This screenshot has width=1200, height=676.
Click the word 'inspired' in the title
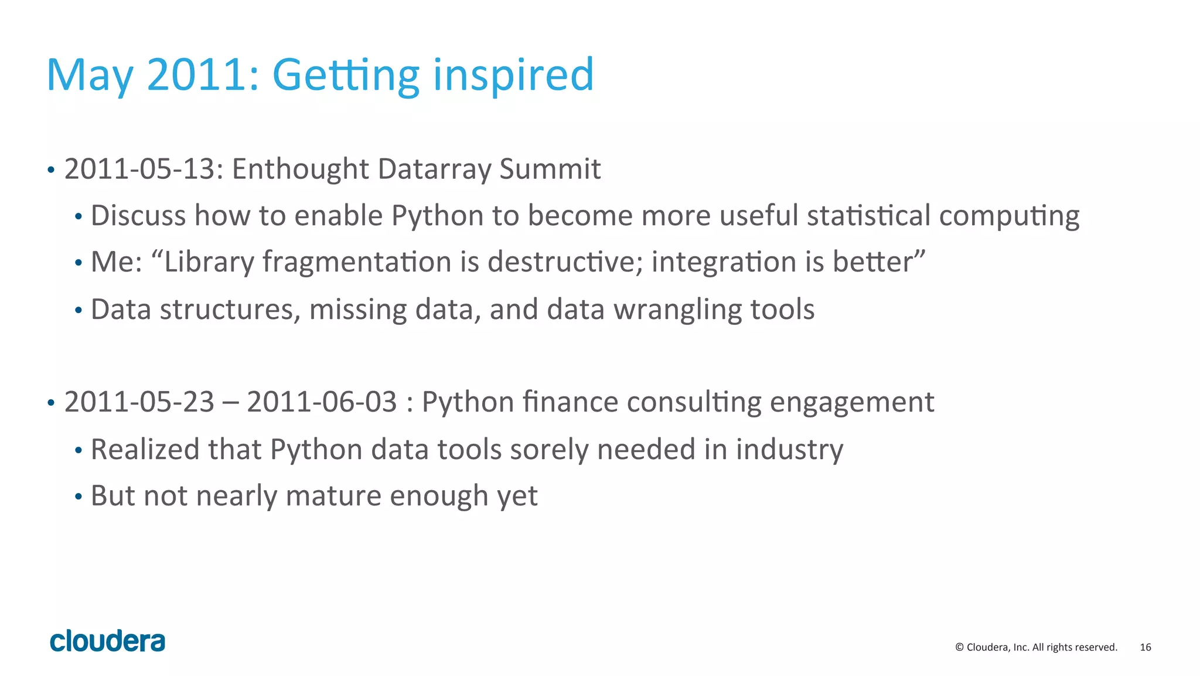[x=513, y=75]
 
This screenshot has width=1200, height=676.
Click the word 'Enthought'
[x=300, y=169]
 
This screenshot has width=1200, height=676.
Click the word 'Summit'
[x=550, y=169]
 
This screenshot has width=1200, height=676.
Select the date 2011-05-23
[x=139, y=402]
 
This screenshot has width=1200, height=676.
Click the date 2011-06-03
[x=322, y=402]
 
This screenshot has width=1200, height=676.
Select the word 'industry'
[x=789, y=450]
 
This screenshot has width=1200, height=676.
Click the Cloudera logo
[x=107, y=641]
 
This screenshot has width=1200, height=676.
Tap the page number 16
[x=1145, y=647]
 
